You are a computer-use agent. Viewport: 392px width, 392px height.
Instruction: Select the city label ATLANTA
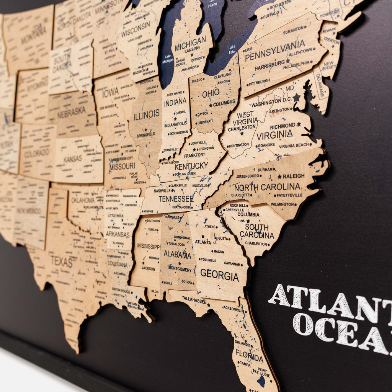203,242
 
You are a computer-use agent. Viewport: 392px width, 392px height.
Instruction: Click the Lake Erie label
232,49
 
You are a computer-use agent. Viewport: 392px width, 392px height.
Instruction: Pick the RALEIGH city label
294,176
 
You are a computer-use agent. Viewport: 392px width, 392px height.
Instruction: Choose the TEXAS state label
61,262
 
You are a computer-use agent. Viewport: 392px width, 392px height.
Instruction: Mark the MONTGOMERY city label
180,269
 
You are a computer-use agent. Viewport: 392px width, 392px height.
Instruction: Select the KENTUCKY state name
191,166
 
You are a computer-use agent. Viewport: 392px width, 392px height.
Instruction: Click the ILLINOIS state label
146,114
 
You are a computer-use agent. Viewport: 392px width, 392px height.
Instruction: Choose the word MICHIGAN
190,42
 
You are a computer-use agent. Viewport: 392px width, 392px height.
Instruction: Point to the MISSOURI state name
122,166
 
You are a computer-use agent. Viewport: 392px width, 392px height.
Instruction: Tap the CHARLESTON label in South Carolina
256,243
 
